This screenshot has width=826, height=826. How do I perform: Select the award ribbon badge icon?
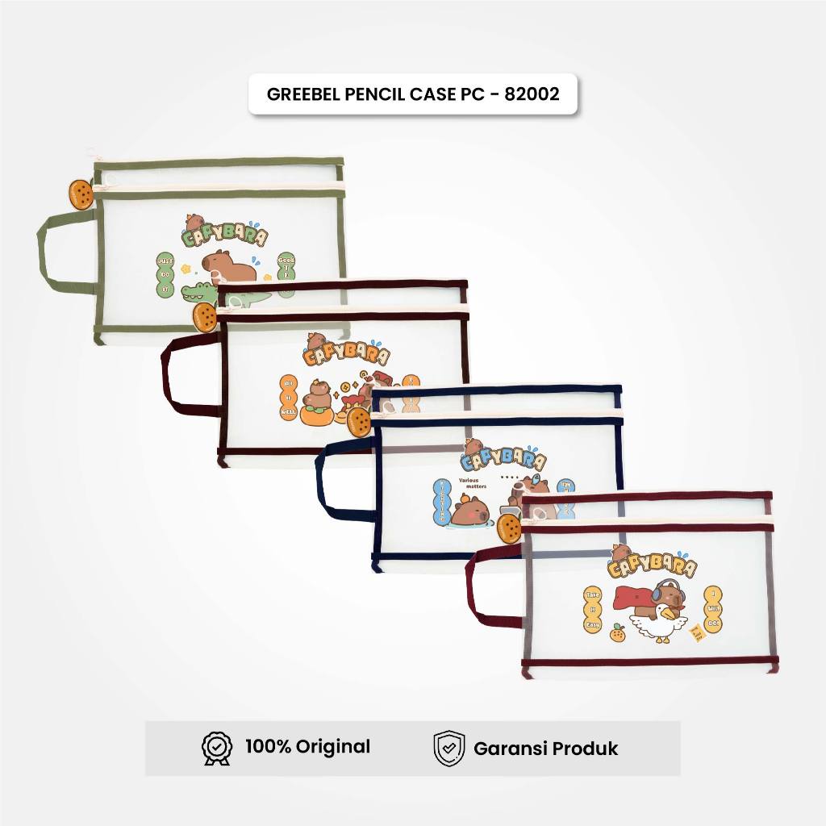[x=216, y=748]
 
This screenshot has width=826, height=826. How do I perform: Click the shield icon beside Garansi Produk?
[x=448, y=748]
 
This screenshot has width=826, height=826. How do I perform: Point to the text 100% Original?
[x=307, y=747]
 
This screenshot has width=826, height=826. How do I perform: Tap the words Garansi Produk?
[x=545, y=749]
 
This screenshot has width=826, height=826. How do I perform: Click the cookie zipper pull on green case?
[x=81, y=194]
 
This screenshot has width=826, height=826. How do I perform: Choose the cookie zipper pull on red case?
[x=509, y=528]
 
